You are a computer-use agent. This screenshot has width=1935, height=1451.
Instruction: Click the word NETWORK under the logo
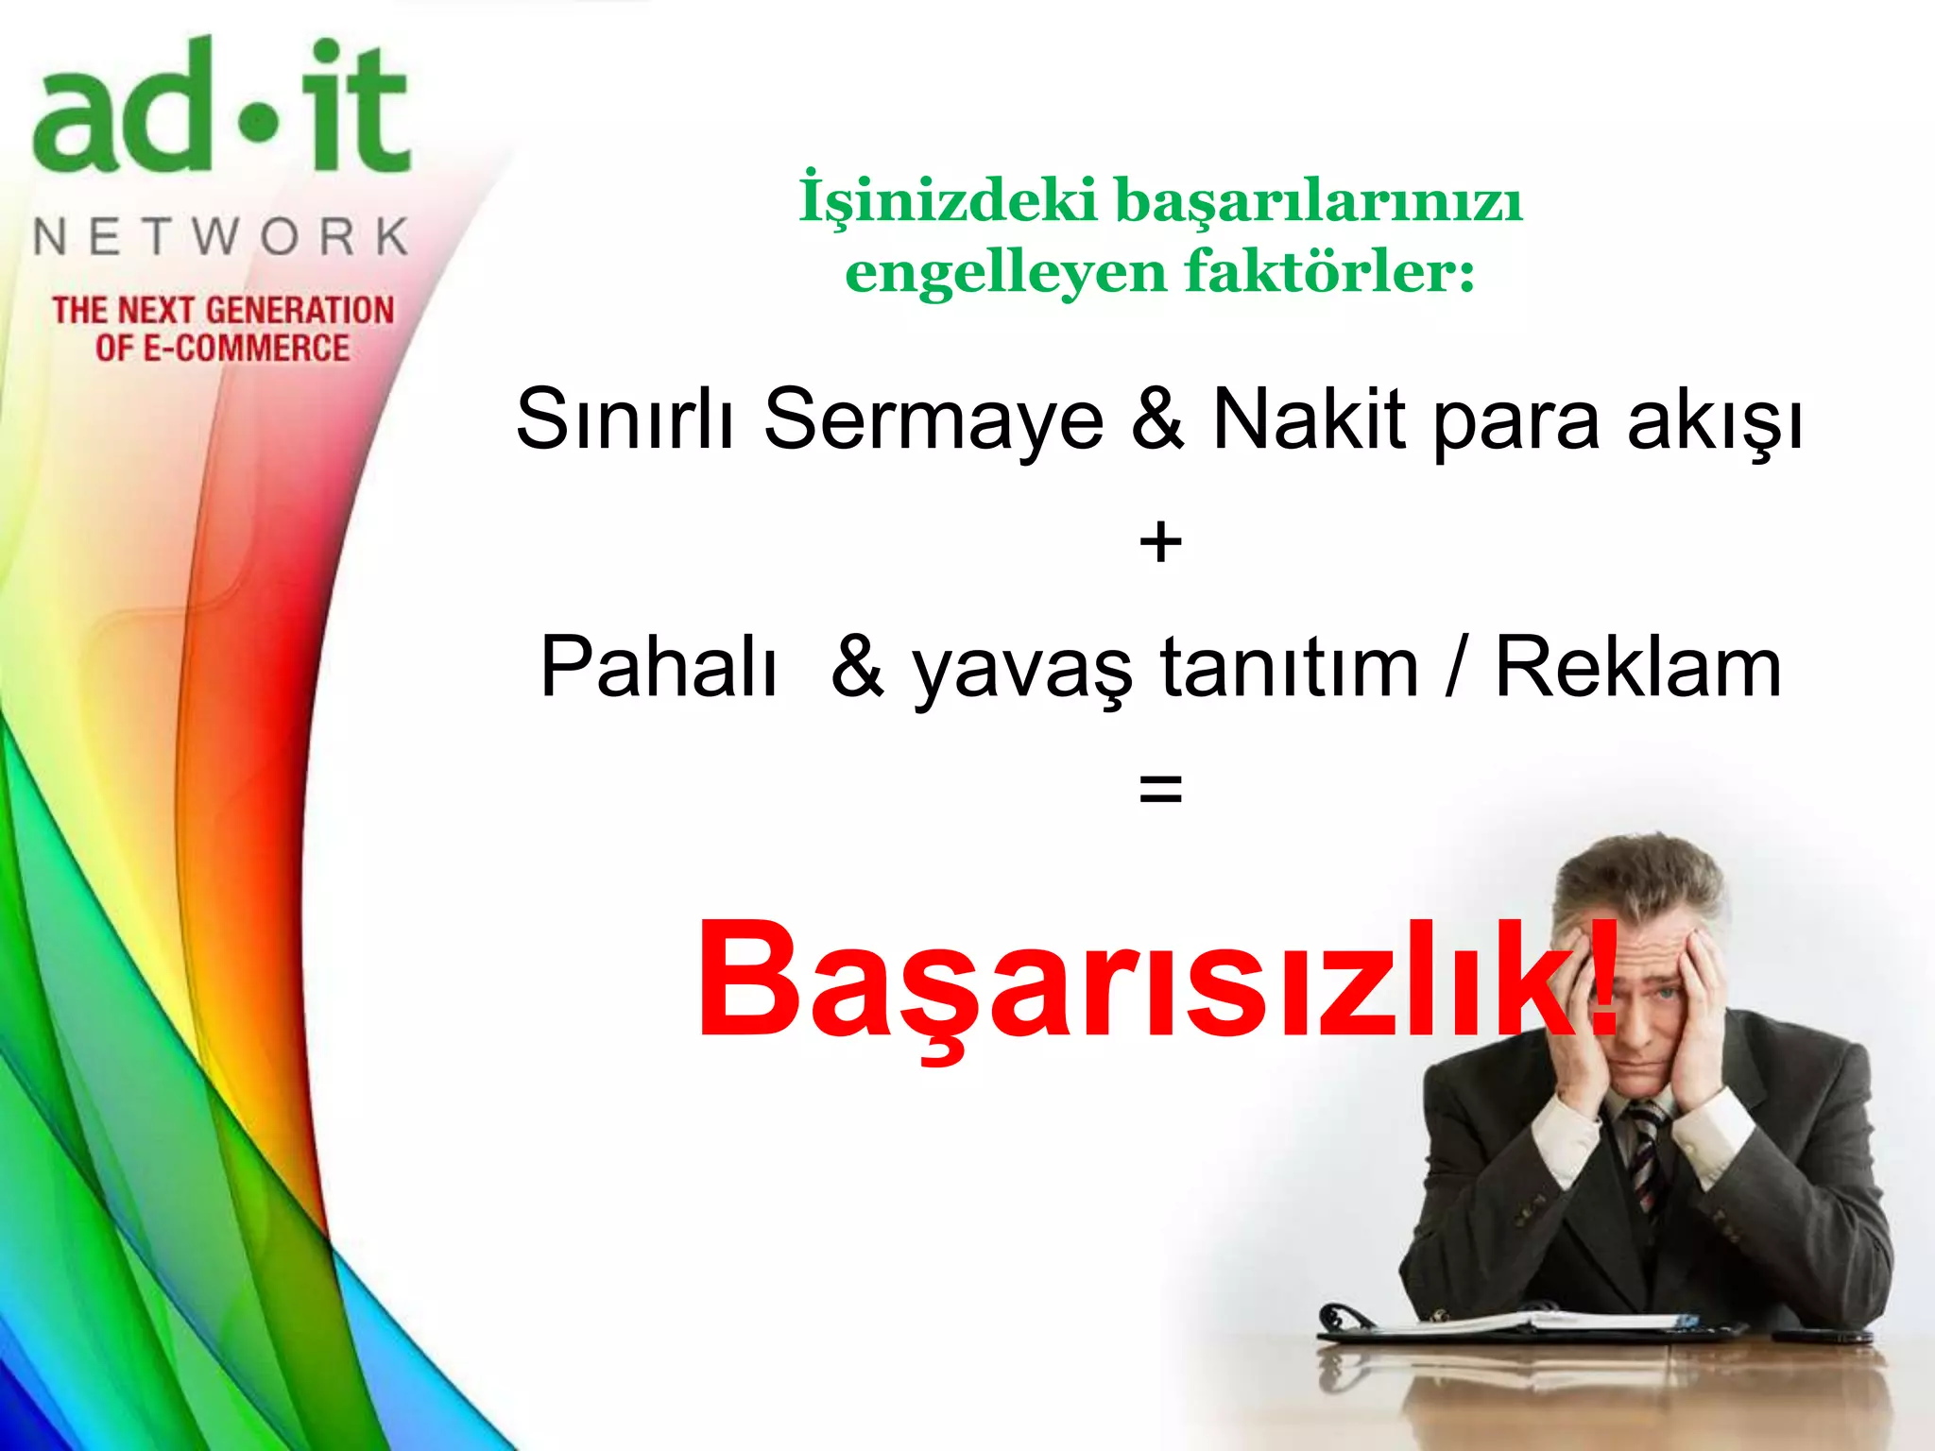pos(221,236)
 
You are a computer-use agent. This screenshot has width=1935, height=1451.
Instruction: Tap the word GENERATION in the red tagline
pos(300,311)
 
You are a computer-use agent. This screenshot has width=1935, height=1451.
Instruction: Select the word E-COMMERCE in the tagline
pos(246,349)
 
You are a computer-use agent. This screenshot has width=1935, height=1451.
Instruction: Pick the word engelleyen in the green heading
pos(1006,274)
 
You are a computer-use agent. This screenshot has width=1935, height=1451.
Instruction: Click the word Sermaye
pos(933,419)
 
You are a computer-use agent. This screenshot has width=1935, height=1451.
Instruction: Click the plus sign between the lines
pos(1160,543)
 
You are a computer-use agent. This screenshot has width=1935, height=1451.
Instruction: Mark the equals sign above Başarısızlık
pos(1160,788)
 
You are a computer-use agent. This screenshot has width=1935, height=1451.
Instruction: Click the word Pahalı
pos(659,667)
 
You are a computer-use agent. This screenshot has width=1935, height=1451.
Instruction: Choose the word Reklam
pos(1638,667)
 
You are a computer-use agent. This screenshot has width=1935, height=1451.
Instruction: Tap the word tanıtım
pos(1289,667)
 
